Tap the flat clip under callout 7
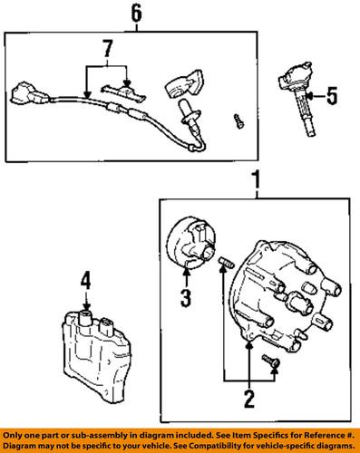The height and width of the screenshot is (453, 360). (x=122, y=87)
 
